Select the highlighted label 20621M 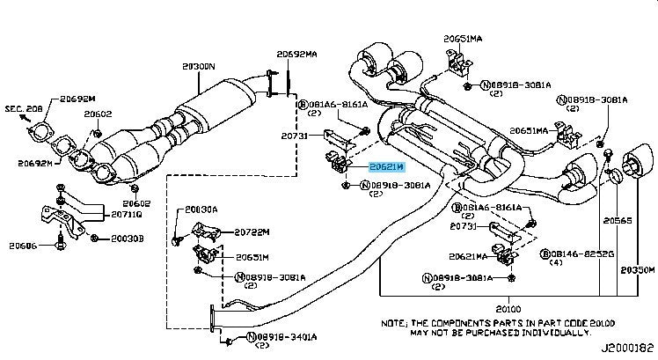(387, 165)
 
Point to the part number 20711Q (127, 213)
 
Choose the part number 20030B (128, 238)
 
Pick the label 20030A (202, 210)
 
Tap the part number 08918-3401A (283, 337)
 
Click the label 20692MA (296, 54)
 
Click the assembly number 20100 (508, 309)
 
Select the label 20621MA (476, 257)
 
